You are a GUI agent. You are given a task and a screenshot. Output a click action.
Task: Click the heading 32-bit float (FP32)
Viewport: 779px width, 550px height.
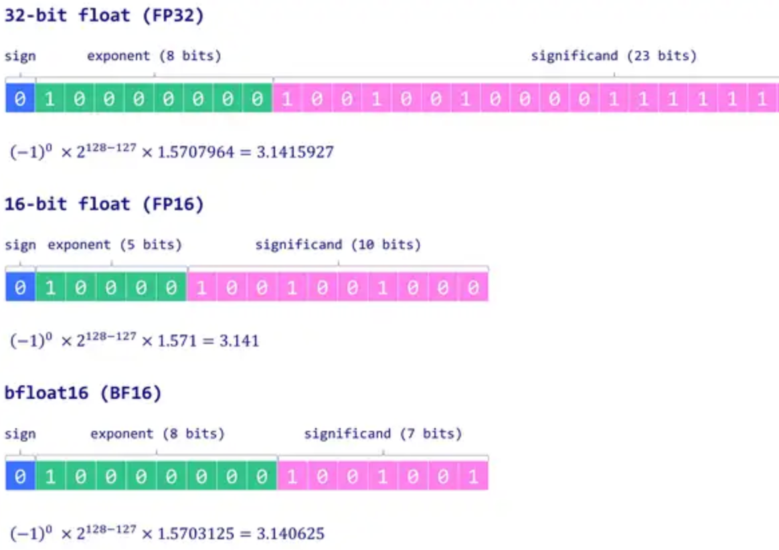pos(104,15)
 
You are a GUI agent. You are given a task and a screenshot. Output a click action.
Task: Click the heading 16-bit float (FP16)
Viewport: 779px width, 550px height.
pos(104,203)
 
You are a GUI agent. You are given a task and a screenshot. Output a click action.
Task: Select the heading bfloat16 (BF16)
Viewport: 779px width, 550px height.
pos(83,393)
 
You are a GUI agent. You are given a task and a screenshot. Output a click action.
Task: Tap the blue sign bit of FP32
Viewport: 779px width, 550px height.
pos(20,99)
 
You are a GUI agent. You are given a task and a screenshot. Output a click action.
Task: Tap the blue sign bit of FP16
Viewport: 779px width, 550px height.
pos(20,288)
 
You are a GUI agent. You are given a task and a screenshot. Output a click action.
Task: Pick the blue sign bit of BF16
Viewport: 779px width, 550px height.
pos(20,476)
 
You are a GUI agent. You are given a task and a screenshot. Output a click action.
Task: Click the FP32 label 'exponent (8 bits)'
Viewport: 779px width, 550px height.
pos(154,56)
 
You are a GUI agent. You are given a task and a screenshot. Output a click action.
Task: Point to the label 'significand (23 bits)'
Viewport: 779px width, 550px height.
pos(614,56)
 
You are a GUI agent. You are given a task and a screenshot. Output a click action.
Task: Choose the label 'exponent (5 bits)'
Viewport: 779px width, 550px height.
pos(114,245)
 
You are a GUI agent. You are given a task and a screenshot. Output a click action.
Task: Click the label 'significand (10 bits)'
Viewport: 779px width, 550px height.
pos(338,245)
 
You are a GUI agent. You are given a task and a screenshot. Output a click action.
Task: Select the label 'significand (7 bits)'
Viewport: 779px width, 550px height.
pos(383,434)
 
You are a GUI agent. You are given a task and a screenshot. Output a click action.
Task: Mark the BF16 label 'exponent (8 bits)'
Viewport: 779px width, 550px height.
pos(157,434)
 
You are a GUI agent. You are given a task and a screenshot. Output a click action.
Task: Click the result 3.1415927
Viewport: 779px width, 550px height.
pos(295,153)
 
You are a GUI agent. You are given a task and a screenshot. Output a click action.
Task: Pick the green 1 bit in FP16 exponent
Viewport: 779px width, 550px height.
pos(50,288)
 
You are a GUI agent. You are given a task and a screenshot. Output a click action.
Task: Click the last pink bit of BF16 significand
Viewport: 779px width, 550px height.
pos(474,476)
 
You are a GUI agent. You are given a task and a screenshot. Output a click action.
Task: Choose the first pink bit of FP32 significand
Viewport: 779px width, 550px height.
pos(288,99)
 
